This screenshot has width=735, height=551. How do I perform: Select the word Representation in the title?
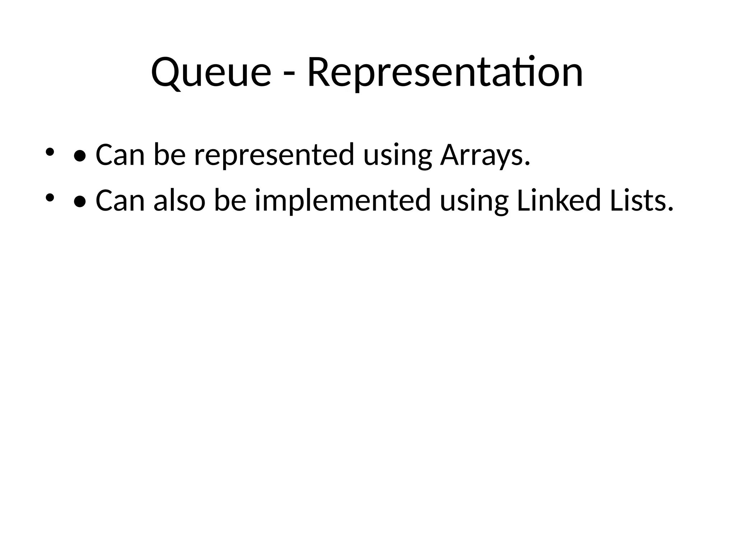[445, 73]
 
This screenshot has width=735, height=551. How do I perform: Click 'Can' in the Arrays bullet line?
[120, 155]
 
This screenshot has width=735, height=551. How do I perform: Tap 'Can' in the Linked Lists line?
[120, 201]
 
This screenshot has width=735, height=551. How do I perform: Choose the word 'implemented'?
[343, 201]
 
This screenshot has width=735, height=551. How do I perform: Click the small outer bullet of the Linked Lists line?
[50, 198]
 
